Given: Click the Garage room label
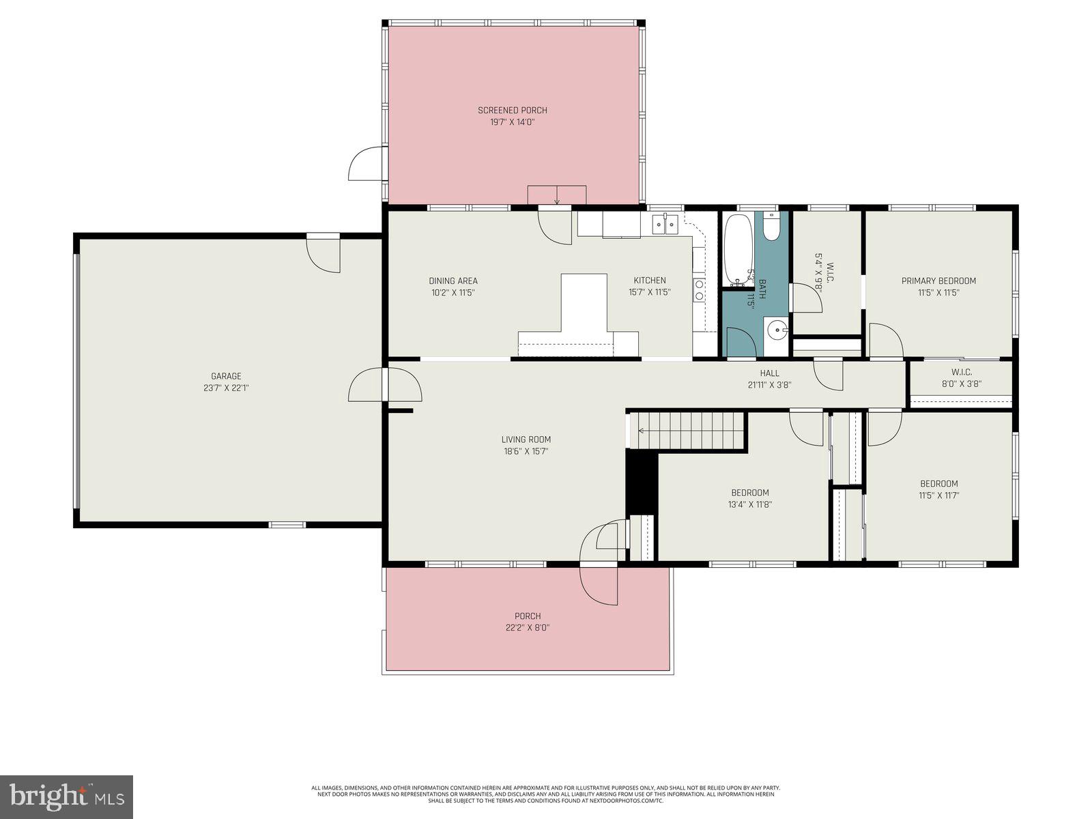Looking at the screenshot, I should [x=226, y=376].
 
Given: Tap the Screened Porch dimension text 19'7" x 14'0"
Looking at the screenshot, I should [x=512, y=122].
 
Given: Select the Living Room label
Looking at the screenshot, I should [x=526, y=440].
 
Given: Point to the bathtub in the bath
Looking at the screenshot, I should [x=737, y=250].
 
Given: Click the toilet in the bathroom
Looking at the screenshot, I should [x=772, y=227].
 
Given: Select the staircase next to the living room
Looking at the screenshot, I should [x=686, y=430].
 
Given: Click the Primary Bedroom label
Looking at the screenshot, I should [x=938, y=281].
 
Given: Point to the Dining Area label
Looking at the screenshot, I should [x=453, y=281].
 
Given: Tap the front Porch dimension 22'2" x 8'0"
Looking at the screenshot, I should [x=528, y=628].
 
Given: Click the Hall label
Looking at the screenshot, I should [x=769, y=373].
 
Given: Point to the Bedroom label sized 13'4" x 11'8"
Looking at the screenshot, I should [x=750, y=493].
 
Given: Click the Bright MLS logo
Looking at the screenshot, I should [x=66, y=796].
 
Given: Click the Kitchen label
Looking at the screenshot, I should [x=649, y=281].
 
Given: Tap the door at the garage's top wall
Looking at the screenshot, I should [x=324, y=252].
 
